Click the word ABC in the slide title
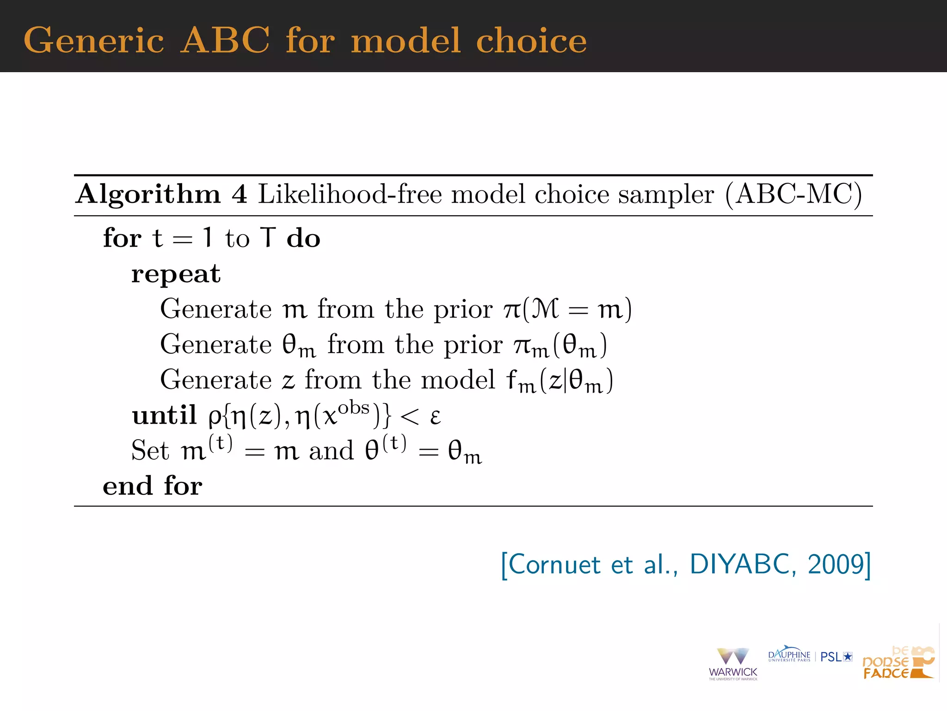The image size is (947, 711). pos(225,40)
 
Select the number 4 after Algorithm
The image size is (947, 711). pos(240,194)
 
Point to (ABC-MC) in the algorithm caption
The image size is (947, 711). pos(793,194)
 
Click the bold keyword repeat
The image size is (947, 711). pos(176,274)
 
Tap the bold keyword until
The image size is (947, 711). pos(164,415)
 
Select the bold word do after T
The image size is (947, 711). pos(303,238)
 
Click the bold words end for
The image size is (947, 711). pos(153,486)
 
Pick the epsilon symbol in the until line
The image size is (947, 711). pos(435,417)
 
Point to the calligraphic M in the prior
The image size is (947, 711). pos(546,309)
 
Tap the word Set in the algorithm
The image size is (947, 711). pos(150,450)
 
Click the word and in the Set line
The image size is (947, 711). pos(331,450)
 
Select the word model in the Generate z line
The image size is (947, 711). pos(458,380)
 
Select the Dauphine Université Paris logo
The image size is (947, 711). pos(789,655)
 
